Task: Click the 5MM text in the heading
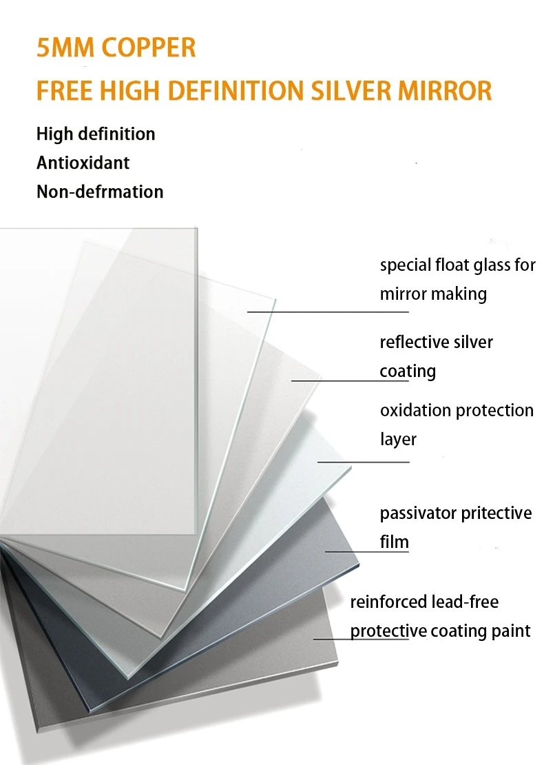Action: (x=61, y=48)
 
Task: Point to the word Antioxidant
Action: (x=83, y=163)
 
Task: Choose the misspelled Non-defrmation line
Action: (x=100, y=192)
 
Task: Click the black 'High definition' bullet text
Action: (x=96, y=134)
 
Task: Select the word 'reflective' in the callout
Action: (x=412, y=342)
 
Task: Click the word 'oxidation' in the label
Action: (x=413, y=410)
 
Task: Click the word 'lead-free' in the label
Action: (x=465, y=602)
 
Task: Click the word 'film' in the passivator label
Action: (x=395, y=542)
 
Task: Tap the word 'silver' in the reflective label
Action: (x=474, y=342)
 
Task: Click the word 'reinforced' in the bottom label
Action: (x=388, y=602)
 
